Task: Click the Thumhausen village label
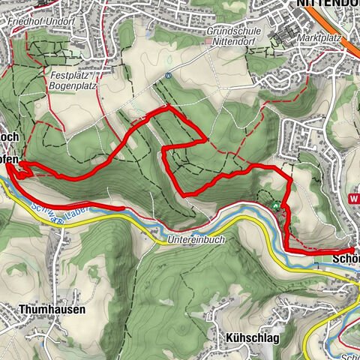52,309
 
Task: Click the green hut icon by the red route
277,205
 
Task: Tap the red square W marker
354,199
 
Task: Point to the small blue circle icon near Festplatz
169,75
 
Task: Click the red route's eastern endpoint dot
352,250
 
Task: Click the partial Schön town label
346,260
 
